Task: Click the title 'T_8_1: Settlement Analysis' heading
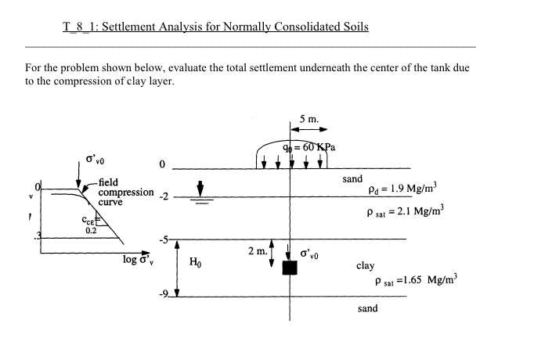click(215, 27)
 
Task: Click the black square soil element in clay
click(290, 268)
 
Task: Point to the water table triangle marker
click(201, 189)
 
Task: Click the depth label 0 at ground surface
click(161, 166)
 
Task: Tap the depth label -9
click(164, 294)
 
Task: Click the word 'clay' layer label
click(366, 266)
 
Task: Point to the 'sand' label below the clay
click(367, 308)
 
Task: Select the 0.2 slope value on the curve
click(91, 230)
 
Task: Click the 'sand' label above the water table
click(352, 179)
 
